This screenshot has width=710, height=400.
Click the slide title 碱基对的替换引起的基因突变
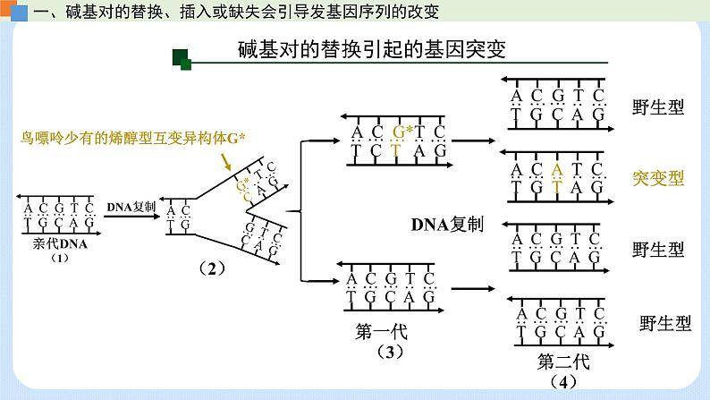pos(372,49)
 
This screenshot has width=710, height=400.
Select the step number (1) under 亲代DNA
pos(59,257)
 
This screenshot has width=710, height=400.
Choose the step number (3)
pos(391,351)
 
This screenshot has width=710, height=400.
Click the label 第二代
pos(564,362)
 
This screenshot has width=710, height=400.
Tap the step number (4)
pos(562,382)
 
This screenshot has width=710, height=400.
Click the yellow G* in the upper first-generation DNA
pos(402,134)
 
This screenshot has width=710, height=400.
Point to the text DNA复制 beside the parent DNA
pos(131,206)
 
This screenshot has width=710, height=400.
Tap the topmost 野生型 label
pos(657,107)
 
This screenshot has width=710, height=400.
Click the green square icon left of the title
pos(182,58)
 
